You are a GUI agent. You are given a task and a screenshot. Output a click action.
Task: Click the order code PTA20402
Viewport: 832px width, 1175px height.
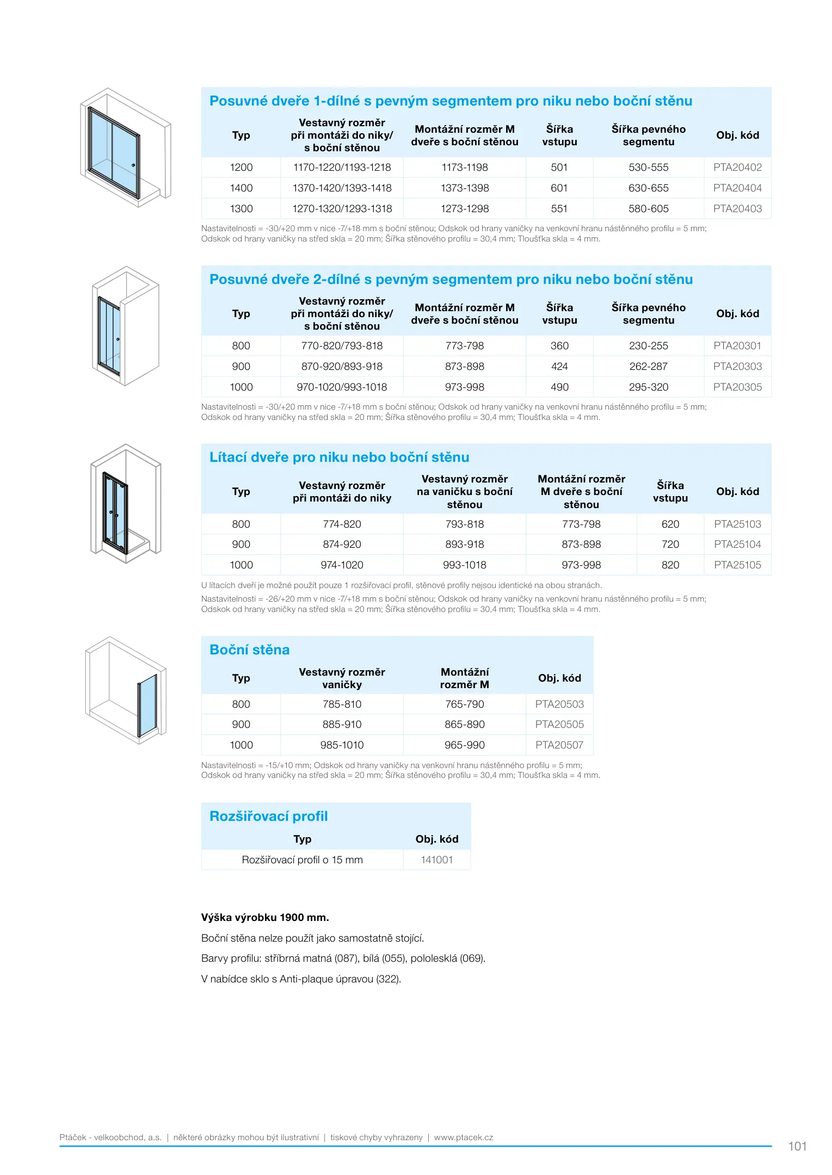(737, 168)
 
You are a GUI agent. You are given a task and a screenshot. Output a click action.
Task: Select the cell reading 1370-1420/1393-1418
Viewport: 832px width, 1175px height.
(342, 188)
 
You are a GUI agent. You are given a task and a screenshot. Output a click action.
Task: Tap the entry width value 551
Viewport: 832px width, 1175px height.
(559, 209)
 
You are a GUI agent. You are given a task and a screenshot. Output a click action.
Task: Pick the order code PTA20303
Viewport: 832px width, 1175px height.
(737, 367)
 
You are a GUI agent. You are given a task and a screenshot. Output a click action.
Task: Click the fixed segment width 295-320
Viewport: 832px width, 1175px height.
(648, 387)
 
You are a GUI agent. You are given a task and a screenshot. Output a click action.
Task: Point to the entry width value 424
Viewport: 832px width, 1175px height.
(559, 367)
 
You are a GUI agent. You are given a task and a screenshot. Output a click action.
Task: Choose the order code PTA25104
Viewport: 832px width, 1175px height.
(737, 545)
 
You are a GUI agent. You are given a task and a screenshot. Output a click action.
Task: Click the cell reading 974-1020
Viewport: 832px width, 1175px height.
(342, 565)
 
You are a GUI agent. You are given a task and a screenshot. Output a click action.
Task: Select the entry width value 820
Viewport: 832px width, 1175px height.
(670, 565)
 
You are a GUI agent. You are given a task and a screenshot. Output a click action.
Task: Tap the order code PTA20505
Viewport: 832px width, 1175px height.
(559, 725)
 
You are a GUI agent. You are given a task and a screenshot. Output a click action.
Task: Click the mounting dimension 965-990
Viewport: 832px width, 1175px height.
(464, 745)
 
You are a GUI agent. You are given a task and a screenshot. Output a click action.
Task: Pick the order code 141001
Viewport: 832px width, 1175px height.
(436, 860)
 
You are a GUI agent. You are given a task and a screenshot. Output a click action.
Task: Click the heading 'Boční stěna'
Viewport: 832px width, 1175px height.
(249, 650)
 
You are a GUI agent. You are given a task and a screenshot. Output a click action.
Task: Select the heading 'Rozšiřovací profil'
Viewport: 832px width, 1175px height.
(268, 817)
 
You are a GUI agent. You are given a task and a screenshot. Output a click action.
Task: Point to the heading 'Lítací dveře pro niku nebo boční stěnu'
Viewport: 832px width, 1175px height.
(339, 457)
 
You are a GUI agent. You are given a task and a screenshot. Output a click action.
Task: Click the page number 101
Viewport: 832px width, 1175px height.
(797, 1146)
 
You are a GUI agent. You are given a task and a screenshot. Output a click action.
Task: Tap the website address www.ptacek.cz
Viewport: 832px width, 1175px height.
(463, 1137)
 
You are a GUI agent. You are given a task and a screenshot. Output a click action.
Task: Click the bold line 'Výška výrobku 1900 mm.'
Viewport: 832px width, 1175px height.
(265, 918)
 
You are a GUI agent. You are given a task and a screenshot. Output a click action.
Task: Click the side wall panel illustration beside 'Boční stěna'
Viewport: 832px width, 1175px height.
(126, 690)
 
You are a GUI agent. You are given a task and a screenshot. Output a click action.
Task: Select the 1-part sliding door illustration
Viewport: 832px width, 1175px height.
(126, 147)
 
